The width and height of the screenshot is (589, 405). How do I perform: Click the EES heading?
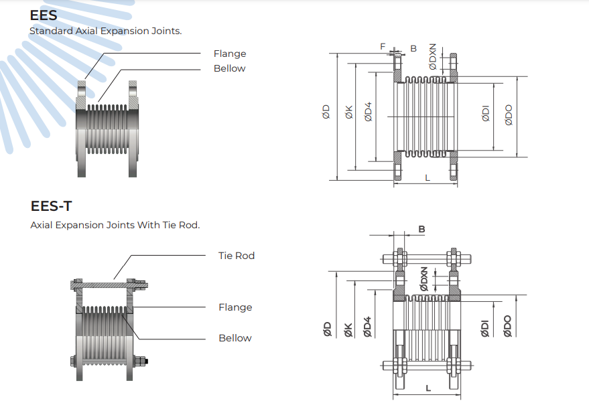click(x=44, y=15)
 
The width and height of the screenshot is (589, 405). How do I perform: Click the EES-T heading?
click(x=51, y=206)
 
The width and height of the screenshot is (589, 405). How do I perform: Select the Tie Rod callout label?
click(x=237, y=256)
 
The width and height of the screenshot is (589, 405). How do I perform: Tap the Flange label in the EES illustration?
click(x=230, y=54)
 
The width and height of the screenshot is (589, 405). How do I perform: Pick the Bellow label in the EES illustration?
click(x=230, y=68)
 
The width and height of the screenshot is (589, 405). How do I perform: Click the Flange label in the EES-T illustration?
click(x=235, y=307)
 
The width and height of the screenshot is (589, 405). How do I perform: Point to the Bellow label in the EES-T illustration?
click(x=235, y=338)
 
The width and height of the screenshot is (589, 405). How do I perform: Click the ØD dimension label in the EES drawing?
click(x=326, y=112)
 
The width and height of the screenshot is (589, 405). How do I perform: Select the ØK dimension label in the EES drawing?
click(x=349, y=112)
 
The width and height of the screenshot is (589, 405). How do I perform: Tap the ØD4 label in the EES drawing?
click(x=368, y=112)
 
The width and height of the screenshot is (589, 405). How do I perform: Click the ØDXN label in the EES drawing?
click(x=433, y=57)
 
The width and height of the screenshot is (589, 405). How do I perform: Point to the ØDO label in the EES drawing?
click(x=509, y=115)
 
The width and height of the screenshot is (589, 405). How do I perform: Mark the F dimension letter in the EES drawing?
click(x=383, y=47)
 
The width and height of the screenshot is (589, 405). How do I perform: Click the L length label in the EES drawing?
click(x=428, y=177)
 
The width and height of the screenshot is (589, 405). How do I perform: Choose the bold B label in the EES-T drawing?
click(x=422, y=229)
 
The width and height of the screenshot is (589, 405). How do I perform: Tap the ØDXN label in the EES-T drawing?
click(x=424, y=279)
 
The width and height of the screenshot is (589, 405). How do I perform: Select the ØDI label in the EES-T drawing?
click(x=485, y=329)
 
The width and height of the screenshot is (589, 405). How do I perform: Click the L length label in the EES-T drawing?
click(x=428, y=388)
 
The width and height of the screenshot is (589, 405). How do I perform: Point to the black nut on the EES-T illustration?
click(x=146, y=361)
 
